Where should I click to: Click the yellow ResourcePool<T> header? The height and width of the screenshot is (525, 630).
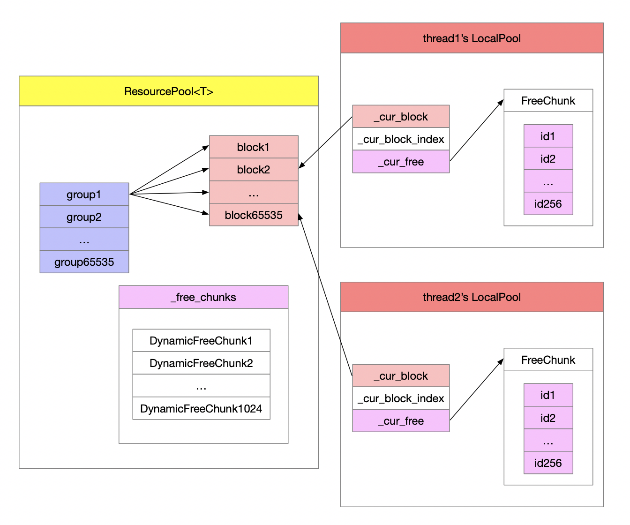169,91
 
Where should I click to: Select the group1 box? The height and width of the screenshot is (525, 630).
84,194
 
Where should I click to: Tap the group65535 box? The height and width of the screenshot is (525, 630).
84,262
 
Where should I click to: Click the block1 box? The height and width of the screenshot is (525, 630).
254,147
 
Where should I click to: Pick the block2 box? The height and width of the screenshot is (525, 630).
254,169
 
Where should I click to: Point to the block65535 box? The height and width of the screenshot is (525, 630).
254,215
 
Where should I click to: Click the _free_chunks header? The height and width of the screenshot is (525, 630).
203,297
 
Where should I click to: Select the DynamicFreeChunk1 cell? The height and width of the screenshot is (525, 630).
201,340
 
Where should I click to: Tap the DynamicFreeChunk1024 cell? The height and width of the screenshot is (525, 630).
201,408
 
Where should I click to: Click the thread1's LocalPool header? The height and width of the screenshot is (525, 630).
472,38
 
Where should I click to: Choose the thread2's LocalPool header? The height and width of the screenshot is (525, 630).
472,297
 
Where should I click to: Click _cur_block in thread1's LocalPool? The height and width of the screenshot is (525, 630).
401,116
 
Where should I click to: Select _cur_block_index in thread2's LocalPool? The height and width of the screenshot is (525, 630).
401,398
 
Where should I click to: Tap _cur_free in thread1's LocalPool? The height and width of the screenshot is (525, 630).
401,162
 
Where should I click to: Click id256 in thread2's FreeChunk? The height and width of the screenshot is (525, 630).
548,463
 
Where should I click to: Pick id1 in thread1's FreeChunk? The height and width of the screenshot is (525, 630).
548,136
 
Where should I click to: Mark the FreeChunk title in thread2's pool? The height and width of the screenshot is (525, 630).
548,360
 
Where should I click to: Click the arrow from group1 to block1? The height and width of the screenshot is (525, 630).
169,170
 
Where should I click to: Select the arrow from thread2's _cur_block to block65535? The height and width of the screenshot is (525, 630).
325,294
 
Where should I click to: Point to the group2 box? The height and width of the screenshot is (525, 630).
84,217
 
